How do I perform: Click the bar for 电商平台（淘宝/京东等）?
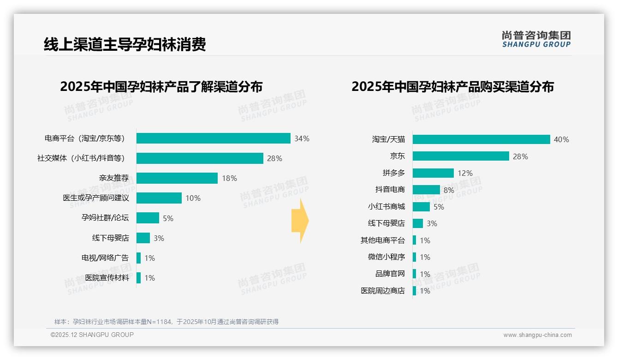[x=213, y=138]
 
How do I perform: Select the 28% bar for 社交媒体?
[x=200, y=158]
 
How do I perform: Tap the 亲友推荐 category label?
[x=114, y=178]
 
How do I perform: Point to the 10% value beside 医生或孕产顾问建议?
[x=193, y=198]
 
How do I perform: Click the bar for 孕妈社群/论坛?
[x=148, y=218]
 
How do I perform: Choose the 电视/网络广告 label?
[x=105, y=258]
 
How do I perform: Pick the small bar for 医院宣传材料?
[x=138, y=278]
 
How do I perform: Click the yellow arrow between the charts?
[x=300, y=221]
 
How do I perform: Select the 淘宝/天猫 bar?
[x=481, y=139]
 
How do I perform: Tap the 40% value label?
[x=561, y=139]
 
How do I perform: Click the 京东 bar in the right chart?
[x=460, y=156]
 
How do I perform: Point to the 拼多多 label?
[x=393, y=173]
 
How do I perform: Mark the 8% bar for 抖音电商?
[x=426, y=190]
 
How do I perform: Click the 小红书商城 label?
[x=386, y=207]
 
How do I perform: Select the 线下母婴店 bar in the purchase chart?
[x=417, y=223]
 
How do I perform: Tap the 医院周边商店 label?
[x=382, y=291]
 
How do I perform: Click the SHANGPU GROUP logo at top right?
[x=536, y=39]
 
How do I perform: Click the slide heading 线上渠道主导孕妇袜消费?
[x=125, y=44]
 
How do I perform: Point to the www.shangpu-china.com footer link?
[x=537, y=335]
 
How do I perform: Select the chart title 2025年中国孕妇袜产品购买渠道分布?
[x=452, y=87]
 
